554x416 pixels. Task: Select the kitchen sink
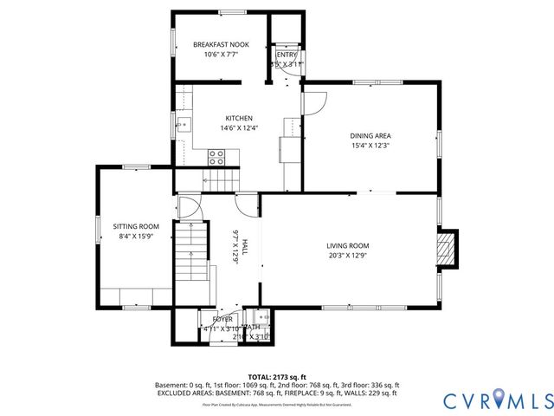coord(184,127)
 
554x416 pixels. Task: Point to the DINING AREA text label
coord(370,135)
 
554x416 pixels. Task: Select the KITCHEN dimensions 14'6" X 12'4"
coord(239,128)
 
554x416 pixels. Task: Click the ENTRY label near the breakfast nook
coord(287,55)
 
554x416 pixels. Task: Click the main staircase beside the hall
coord(190,251)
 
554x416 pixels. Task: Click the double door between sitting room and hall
coord(186,208)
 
